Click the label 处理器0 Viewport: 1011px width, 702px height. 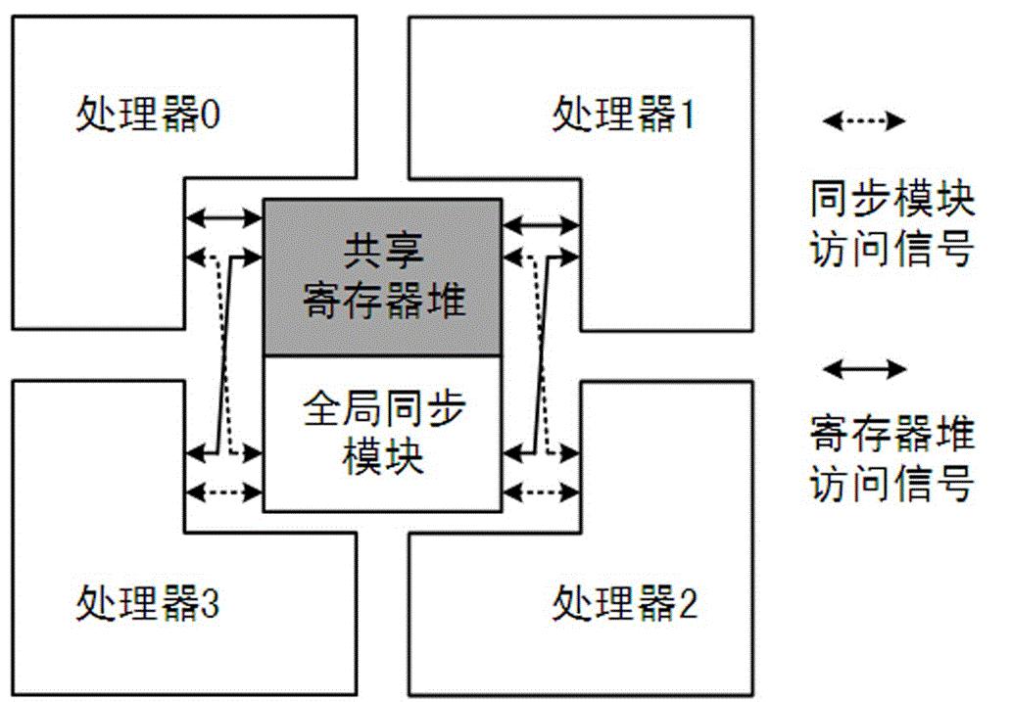(148, 117)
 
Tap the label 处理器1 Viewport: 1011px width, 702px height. (624, 116)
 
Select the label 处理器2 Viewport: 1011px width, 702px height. (625, 603)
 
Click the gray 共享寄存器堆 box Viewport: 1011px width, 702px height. (382, 277)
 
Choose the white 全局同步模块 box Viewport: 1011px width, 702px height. (382, 433)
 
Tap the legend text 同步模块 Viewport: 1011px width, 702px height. (891, 203)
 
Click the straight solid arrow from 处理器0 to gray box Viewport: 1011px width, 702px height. (224, 216)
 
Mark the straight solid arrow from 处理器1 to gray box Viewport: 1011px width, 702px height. (540, 226)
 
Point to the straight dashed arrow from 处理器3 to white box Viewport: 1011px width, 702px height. (224, 491)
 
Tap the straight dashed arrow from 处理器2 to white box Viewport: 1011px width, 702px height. (540, 491)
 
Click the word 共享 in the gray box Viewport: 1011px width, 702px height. (383, 254)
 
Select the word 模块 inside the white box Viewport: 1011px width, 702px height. (383, 457)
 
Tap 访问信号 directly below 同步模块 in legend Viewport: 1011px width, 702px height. (891, 250)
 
